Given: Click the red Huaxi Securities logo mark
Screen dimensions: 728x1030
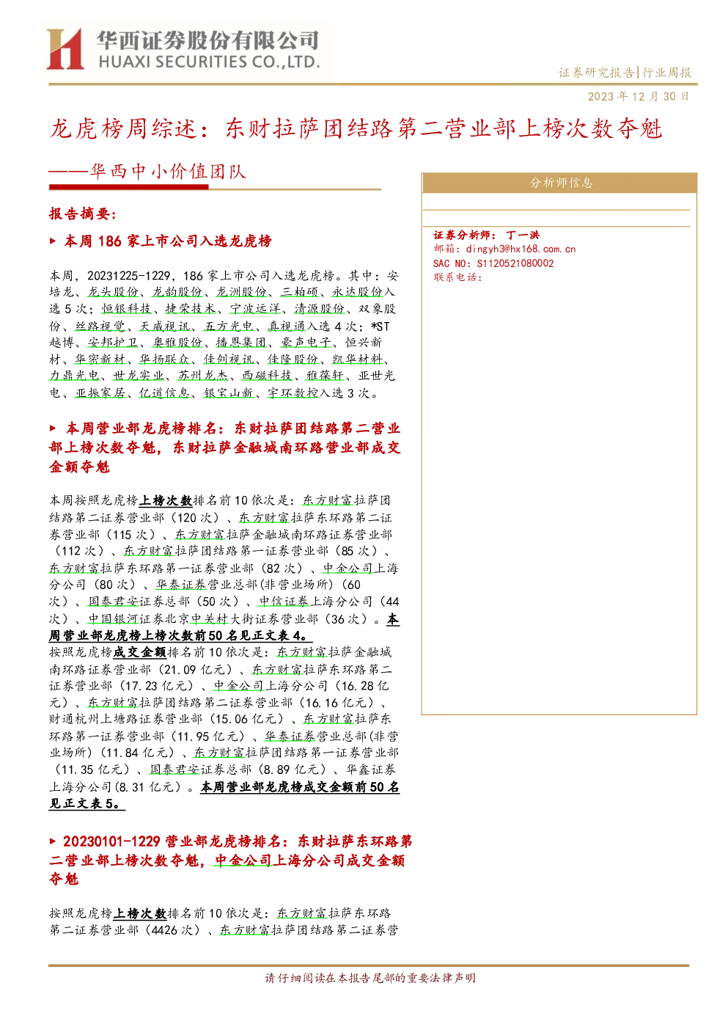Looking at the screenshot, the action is tap(65, 48).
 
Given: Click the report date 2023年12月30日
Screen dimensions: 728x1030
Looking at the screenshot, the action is tap(639, 96).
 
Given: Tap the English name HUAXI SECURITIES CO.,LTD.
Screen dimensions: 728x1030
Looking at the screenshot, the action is tap(209, 62).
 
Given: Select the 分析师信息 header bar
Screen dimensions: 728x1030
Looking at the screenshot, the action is tap(559, 183).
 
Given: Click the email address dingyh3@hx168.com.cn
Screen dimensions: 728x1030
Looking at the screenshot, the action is tap(521, 249).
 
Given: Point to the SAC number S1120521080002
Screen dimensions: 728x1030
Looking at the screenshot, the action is tap(515, 263).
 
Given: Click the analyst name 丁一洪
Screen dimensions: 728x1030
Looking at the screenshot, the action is tap(523, 235).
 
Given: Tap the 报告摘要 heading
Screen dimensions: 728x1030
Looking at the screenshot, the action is tap(83, 213).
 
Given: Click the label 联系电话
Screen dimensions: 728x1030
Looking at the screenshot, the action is tap(457, 277).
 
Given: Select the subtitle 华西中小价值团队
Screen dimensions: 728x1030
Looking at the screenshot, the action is tap(168, 172).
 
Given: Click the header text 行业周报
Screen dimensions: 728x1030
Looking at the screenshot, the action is tap(667, 72).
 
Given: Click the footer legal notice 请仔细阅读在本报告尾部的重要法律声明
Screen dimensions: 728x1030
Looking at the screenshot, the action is tap(370, 977).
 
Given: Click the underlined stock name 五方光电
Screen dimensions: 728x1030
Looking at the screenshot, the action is tap(229, 326).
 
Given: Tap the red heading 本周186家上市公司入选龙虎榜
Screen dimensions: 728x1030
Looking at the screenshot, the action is tap(168, 241).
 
